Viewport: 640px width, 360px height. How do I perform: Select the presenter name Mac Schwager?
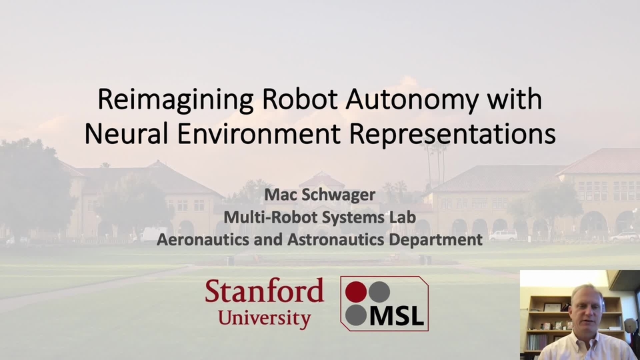pos(319,195)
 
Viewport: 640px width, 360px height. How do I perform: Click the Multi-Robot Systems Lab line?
pos(319,217)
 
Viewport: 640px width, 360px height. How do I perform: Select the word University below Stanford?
pos(264,319)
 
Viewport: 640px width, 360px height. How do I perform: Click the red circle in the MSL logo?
pos(356,292)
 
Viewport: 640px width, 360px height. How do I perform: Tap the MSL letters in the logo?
pos(396,315)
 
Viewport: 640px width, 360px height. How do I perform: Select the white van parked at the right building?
pos(503,235)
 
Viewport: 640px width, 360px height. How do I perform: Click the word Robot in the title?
pos(299,99)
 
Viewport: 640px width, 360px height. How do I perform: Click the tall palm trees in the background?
pos(435,163)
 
